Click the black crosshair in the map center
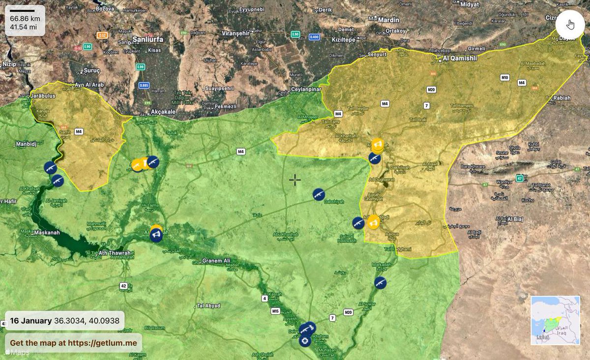295,180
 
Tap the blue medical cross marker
305,340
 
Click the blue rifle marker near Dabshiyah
319,194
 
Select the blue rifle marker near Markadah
380,282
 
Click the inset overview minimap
556,320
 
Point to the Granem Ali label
216,261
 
